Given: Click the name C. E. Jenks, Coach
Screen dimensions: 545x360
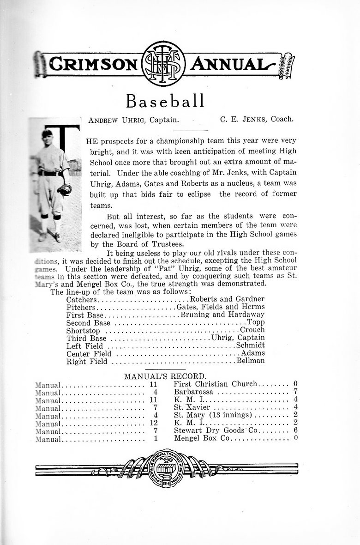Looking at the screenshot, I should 256,120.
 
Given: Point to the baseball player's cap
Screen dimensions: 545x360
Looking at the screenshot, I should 47,133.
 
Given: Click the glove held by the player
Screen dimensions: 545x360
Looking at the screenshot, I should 66,188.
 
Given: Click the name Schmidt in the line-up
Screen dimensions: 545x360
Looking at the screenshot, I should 250,345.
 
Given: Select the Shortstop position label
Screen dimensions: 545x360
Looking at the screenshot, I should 84,330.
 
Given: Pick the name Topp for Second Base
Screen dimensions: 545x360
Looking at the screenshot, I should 256,322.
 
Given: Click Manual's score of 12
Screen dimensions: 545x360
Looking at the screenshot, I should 154,423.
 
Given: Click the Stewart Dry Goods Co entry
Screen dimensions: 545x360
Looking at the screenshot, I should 215,430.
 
